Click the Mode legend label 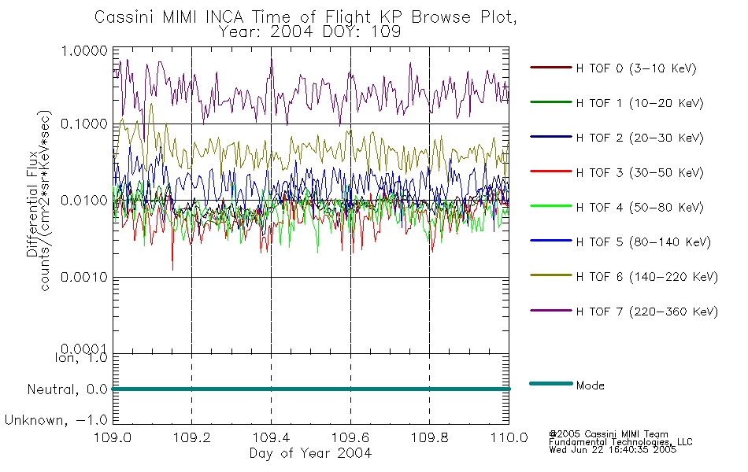click(590, 385)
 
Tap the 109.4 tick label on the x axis click(271, 437)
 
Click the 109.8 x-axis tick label click(429, 437)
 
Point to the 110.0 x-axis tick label click(509, 437)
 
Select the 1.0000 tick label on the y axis click(84, 50)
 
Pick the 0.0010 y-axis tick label click(84, 277)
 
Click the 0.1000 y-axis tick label click(84, 124)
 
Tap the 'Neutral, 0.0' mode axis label click(67, 390)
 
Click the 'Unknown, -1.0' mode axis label click(56, 421)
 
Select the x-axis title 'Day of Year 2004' click(310, 453)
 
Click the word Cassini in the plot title click(124, 17)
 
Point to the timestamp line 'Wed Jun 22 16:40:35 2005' click(613, 450)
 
